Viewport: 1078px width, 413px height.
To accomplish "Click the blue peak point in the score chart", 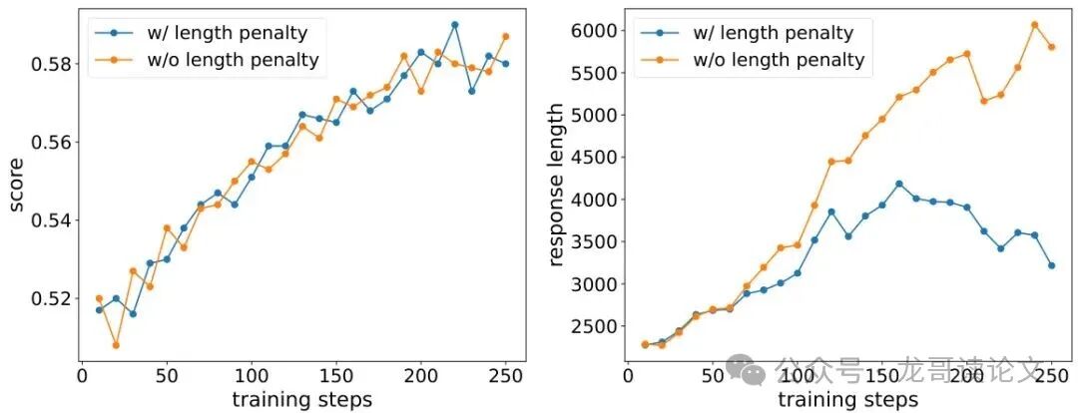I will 454,25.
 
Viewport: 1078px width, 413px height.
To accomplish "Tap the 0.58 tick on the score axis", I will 48,64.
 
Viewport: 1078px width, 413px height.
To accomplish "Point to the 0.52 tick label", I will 48,297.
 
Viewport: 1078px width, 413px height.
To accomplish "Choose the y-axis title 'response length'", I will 558,186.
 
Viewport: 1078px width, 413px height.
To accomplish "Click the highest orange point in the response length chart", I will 1034,25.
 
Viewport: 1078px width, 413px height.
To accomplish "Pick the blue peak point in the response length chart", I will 899,184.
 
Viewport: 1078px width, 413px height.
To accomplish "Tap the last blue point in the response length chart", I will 1051,265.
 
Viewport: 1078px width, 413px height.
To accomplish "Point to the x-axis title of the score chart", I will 301,399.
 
